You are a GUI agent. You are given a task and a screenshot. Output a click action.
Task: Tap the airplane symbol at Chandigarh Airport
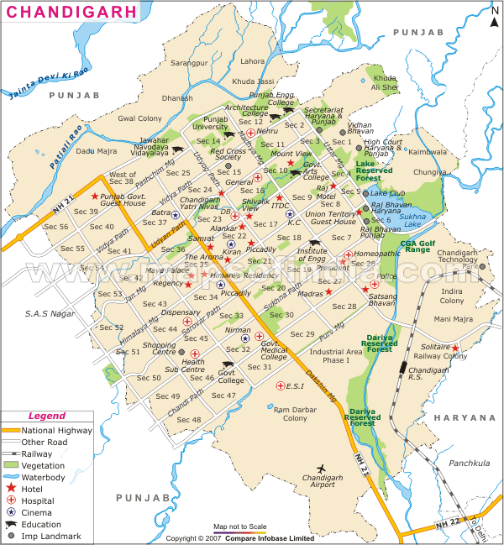[320, 468]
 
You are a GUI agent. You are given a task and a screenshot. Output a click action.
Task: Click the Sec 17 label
[265, 224]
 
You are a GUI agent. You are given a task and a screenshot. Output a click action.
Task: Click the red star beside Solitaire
[455, 348]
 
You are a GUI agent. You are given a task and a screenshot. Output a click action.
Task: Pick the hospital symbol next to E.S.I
[281, 386]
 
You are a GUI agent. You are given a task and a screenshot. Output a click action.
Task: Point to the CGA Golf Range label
[417, 245]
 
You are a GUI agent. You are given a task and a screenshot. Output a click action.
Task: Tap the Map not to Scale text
[239, 527]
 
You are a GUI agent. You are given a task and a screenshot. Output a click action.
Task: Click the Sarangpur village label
[189, 62]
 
